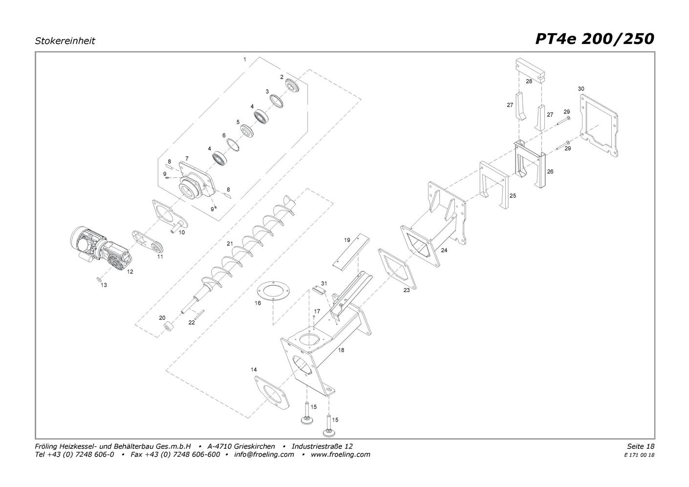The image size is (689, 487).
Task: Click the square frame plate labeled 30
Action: click(x=599, y=126)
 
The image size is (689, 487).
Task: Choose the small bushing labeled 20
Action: click(x=169, y=326)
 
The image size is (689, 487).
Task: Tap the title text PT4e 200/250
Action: click(x=595, y=39)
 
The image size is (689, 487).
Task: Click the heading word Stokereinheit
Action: click(x=65, y=41)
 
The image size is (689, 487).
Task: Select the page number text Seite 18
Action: click(x=641, y=446)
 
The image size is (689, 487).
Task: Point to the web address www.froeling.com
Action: click(x=341, y=454)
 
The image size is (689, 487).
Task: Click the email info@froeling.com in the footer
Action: click(x=264, y=454)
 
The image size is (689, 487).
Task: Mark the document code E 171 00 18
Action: click(x=640, y=455)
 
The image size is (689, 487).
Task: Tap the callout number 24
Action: click(x=444, y=250)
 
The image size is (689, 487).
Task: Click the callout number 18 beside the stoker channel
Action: click(x=341, y=350)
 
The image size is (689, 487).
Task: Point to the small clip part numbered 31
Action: click(x=319, y=290)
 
